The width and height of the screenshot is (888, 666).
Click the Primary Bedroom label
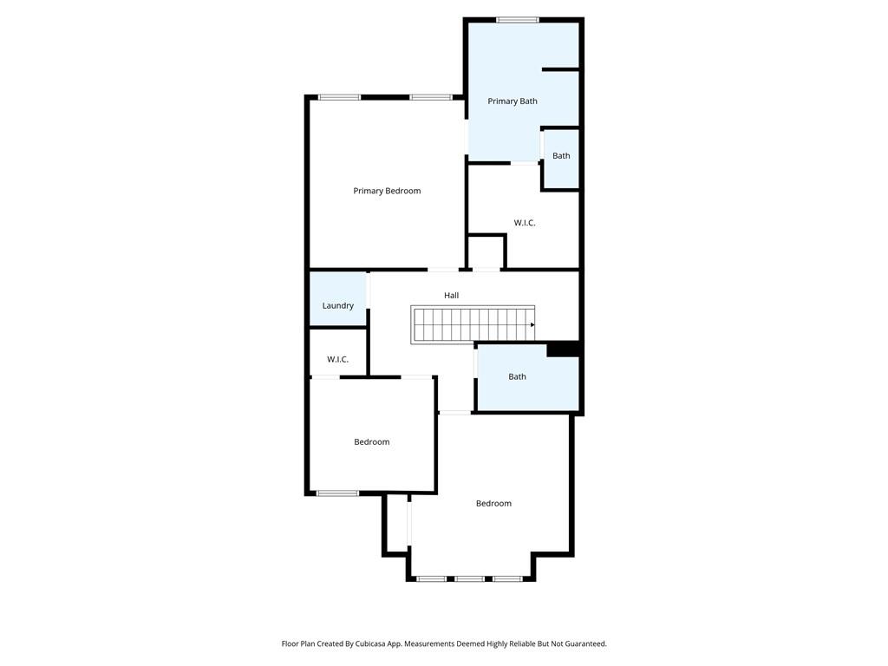coord(387,191)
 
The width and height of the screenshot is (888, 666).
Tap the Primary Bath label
coord(513,101)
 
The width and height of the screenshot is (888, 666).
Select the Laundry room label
coord(338,305)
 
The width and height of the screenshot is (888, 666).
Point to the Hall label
coord(452,296)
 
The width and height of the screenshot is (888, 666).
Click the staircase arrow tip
coord(532,325)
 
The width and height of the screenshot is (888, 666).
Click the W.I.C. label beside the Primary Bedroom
coord(525,223)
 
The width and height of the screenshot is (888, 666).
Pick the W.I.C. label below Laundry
coord(338,359)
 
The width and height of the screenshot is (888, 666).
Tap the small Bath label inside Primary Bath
coord(562,156)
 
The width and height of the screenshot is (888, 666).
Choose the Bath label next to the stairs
coord(518,376)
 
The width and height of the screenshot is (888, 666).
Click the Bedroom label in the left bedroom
coord(372,442)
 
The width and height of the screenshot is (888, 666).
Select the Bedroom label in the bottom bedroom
coord(493,504)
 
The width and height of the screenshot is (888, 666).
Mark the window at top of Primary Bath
coord(518,20)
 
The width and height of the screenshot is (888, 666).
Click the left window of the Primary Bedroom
coord(340,97)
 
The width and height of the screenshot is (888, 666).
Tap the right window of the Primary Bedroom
coord(431,97)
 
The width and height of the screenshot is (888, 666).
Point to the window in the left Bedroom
coord(337,493)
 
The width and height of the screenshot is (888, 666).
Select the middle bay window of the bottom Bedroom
coord(470,578)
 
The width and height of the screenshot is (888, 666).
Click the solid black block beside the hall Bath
coord(563,349)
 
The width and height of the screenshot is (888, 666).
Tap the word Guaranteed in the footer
coord(583,644)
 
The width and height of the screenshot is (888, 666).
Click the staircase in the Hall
coord(473,324)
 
